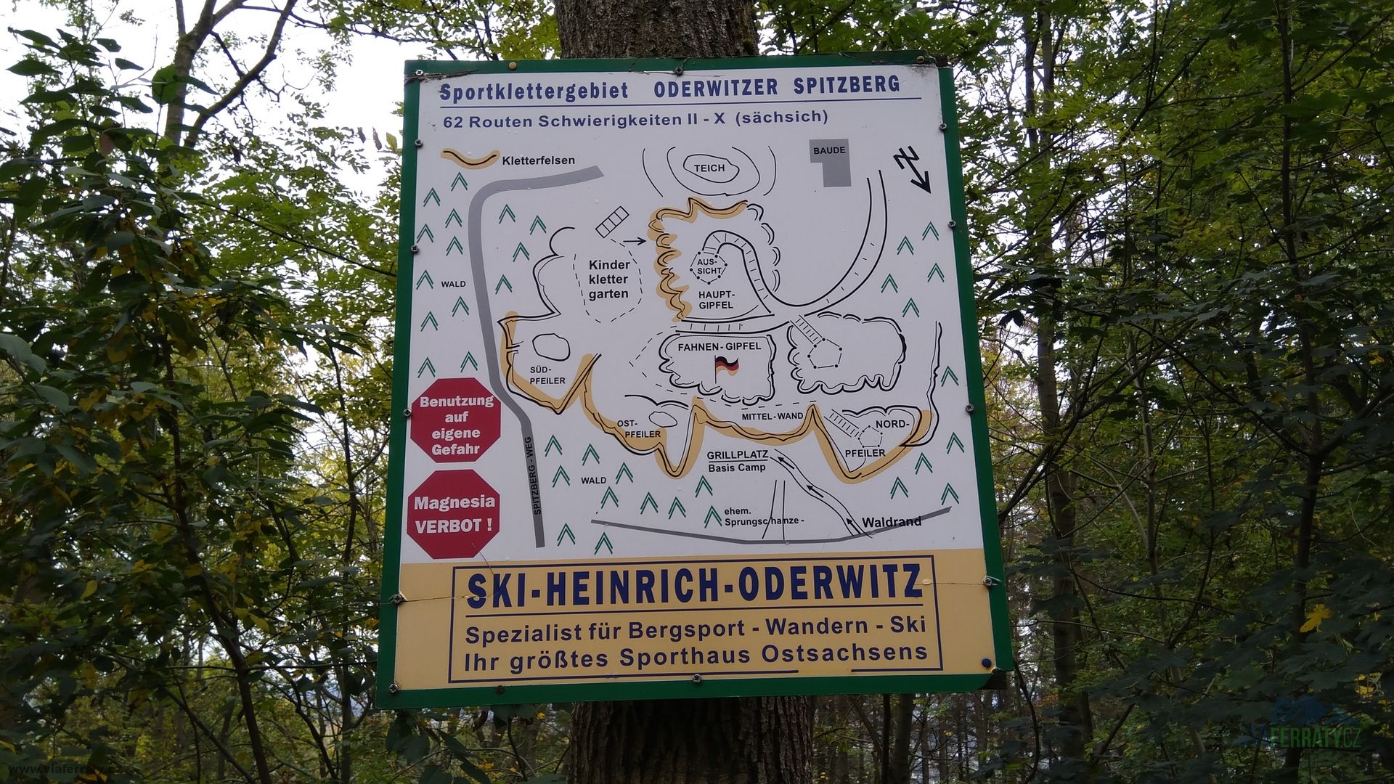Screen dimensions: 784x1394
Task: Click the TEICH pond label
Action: point(709,168)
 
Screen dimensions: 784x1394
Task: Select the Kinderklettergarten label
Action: point(608,279)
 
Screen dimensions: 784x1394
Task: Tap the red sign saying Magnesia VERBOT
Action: point(455,513)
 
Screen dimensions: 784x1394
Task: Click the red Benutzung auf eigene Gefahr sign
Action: point(456,425)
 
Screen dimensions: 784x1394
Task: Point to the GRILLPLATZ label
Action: point(737,455)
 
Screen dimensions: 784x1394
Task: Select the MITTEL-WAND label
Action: point(772,417)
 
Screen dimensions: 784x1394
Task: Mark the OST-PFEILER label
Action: point(637,428)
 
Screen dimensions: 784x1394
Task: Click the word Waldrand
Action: point(892,521)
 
